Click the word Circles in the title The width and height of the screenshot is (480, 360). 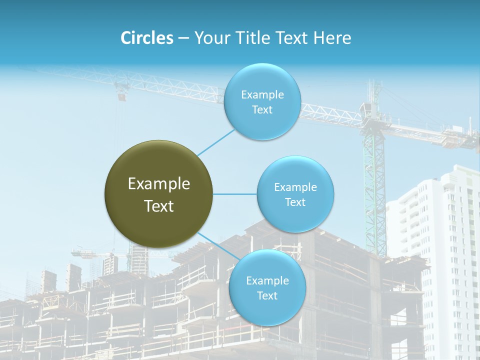[146, 38]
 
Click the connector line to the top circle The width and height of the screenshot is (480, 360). [216, 142]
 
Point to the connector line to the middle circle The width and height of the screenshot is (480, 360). [235, 194]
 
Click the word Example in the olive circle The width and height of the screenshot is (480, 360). [159, 184]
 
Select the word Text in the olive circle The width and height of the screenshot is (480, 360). [159, 206]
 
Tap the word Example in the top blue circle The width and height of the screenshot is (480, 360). [262, 94]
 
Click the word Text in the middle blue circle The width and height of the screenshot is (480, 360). [295, 202]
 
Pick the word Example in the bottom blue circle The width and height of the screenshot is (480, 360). [267, 280]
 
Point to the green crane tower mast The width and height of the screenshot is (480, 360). [375, 190]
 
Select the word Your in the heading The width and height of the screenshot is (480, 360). [210, 38]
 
